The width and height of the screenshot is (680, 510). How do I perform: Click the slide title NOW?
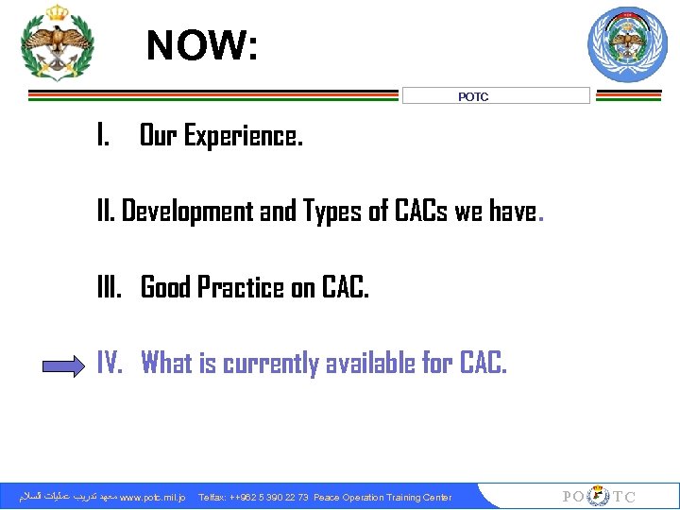click(201, 45)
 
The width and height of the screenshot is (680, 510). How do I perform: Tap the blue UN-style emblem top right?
click(627, 44)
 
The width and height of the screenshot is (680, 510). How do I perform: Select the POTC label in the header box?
click(473, 96)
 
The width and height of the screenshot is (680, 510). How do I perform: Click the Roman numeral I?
click(101, 137)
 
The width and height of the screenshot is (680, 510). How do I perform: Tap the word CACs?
click(416, 212)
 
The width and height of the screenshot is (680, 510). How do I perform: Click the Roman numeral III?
click(110, 287)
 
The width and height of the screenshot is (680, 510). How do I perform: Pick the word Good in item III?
click(167, 287)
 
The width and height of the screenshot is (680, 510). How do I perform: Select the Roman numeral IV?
click(110, 363)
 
